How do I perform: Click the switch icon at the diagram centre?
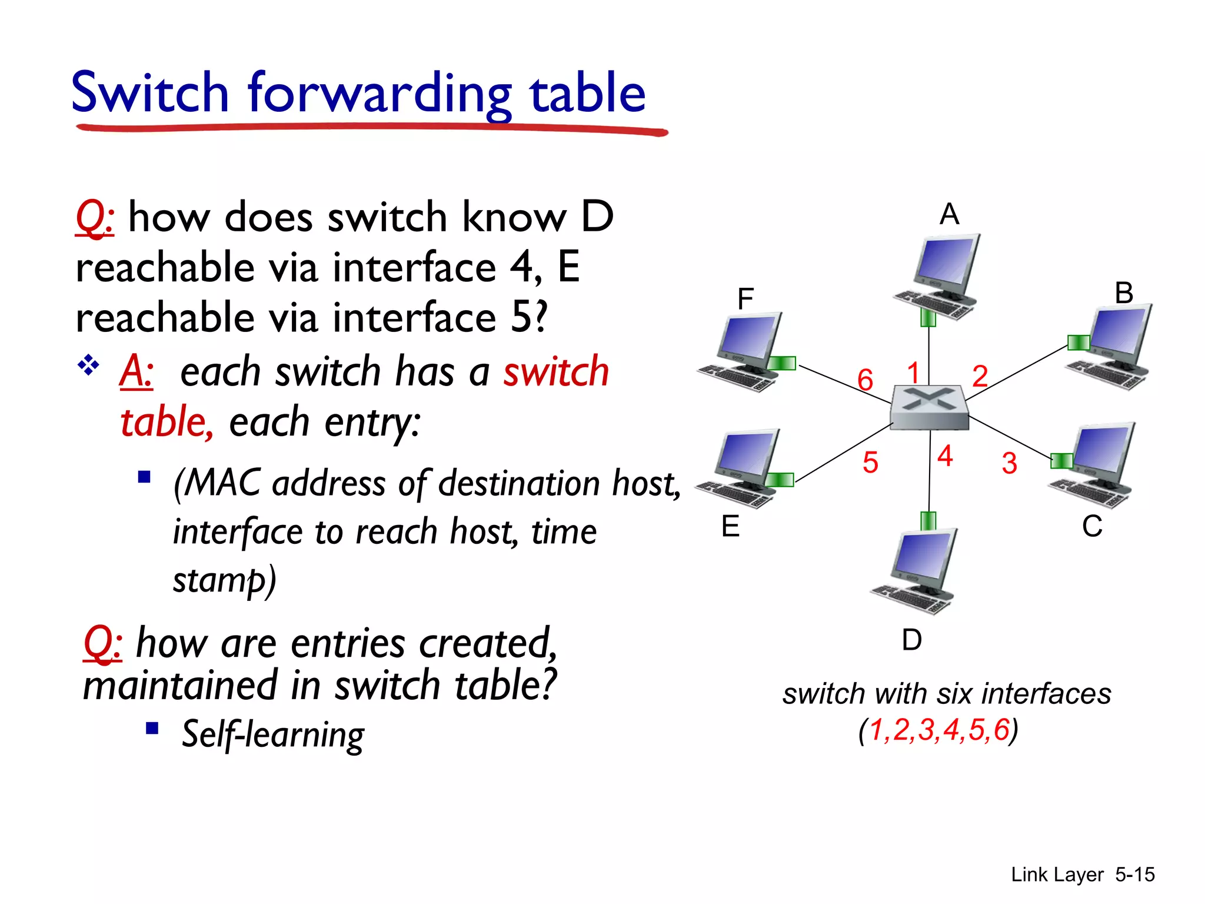(x=929, y=407)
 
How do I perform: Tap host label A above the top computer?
(x=949, y=214)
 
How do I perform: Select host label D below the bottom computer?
(x=911, y=640)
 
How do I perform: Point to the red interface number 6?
(x=864, y=380)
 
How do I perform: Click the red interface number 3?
(x=1009, y=463)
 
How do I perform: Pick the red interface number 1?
(x=913, y=373)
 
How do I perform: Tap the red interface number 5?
(x=870, y=462)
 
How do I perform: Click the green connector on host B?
(x=1078, y=342)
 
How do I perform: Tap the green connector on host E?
(x=780, y=480)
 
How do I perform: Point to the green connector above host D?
(x=928, y=521)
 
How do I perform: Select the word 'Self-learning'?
(x=273, y=734)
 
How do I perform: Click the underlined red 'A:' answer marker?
(x=137, y=371)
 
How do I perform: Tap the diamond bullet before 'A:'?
(x=88, y=365)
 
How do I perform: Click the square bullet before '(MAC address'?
(x=144, y=476)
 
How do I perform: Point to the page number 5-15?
(x=1134, y=875)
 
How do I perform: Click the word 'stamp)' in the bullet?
(x=224, y=580)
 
